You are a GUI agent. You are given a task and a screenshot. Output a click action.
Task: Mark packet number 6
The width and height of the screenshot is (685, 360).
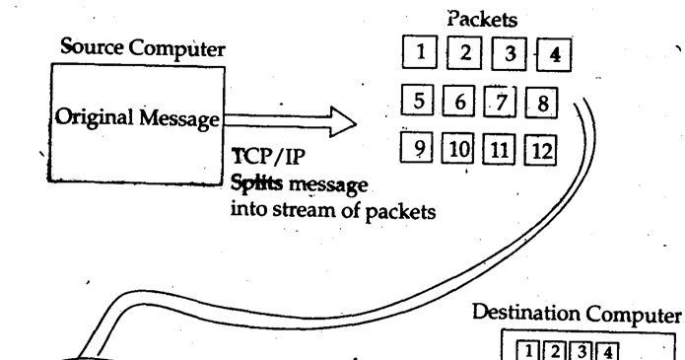(458, 102)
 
